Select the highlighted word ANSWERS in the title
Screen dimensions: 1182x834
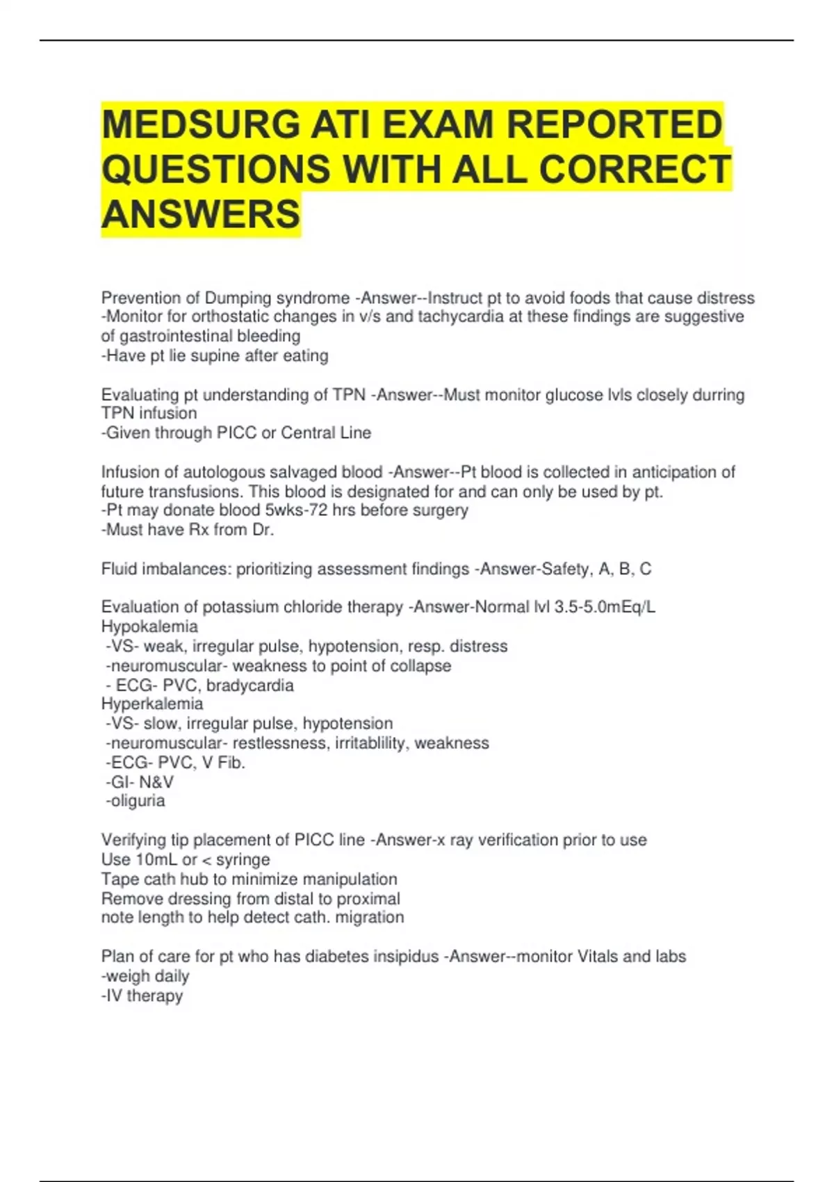click(x=201, y=213)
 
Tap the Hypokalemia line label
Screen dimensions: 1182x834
click(x=149, y=626)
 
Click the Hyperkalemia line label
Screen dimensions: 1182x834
click(x=152, y=704)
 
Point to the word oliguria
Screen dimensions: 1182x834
click(x=138, y=801)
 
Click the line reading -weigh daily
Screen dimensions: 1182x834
click(x=145, y=976)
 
